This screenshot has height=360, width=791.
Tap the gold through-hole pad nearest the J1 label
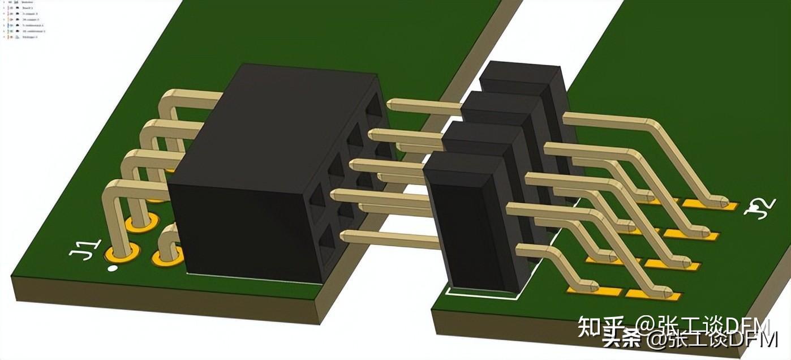[x=123, y=250]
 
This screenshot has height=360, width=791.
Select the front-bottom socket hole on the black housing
[x=329, y=247]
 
